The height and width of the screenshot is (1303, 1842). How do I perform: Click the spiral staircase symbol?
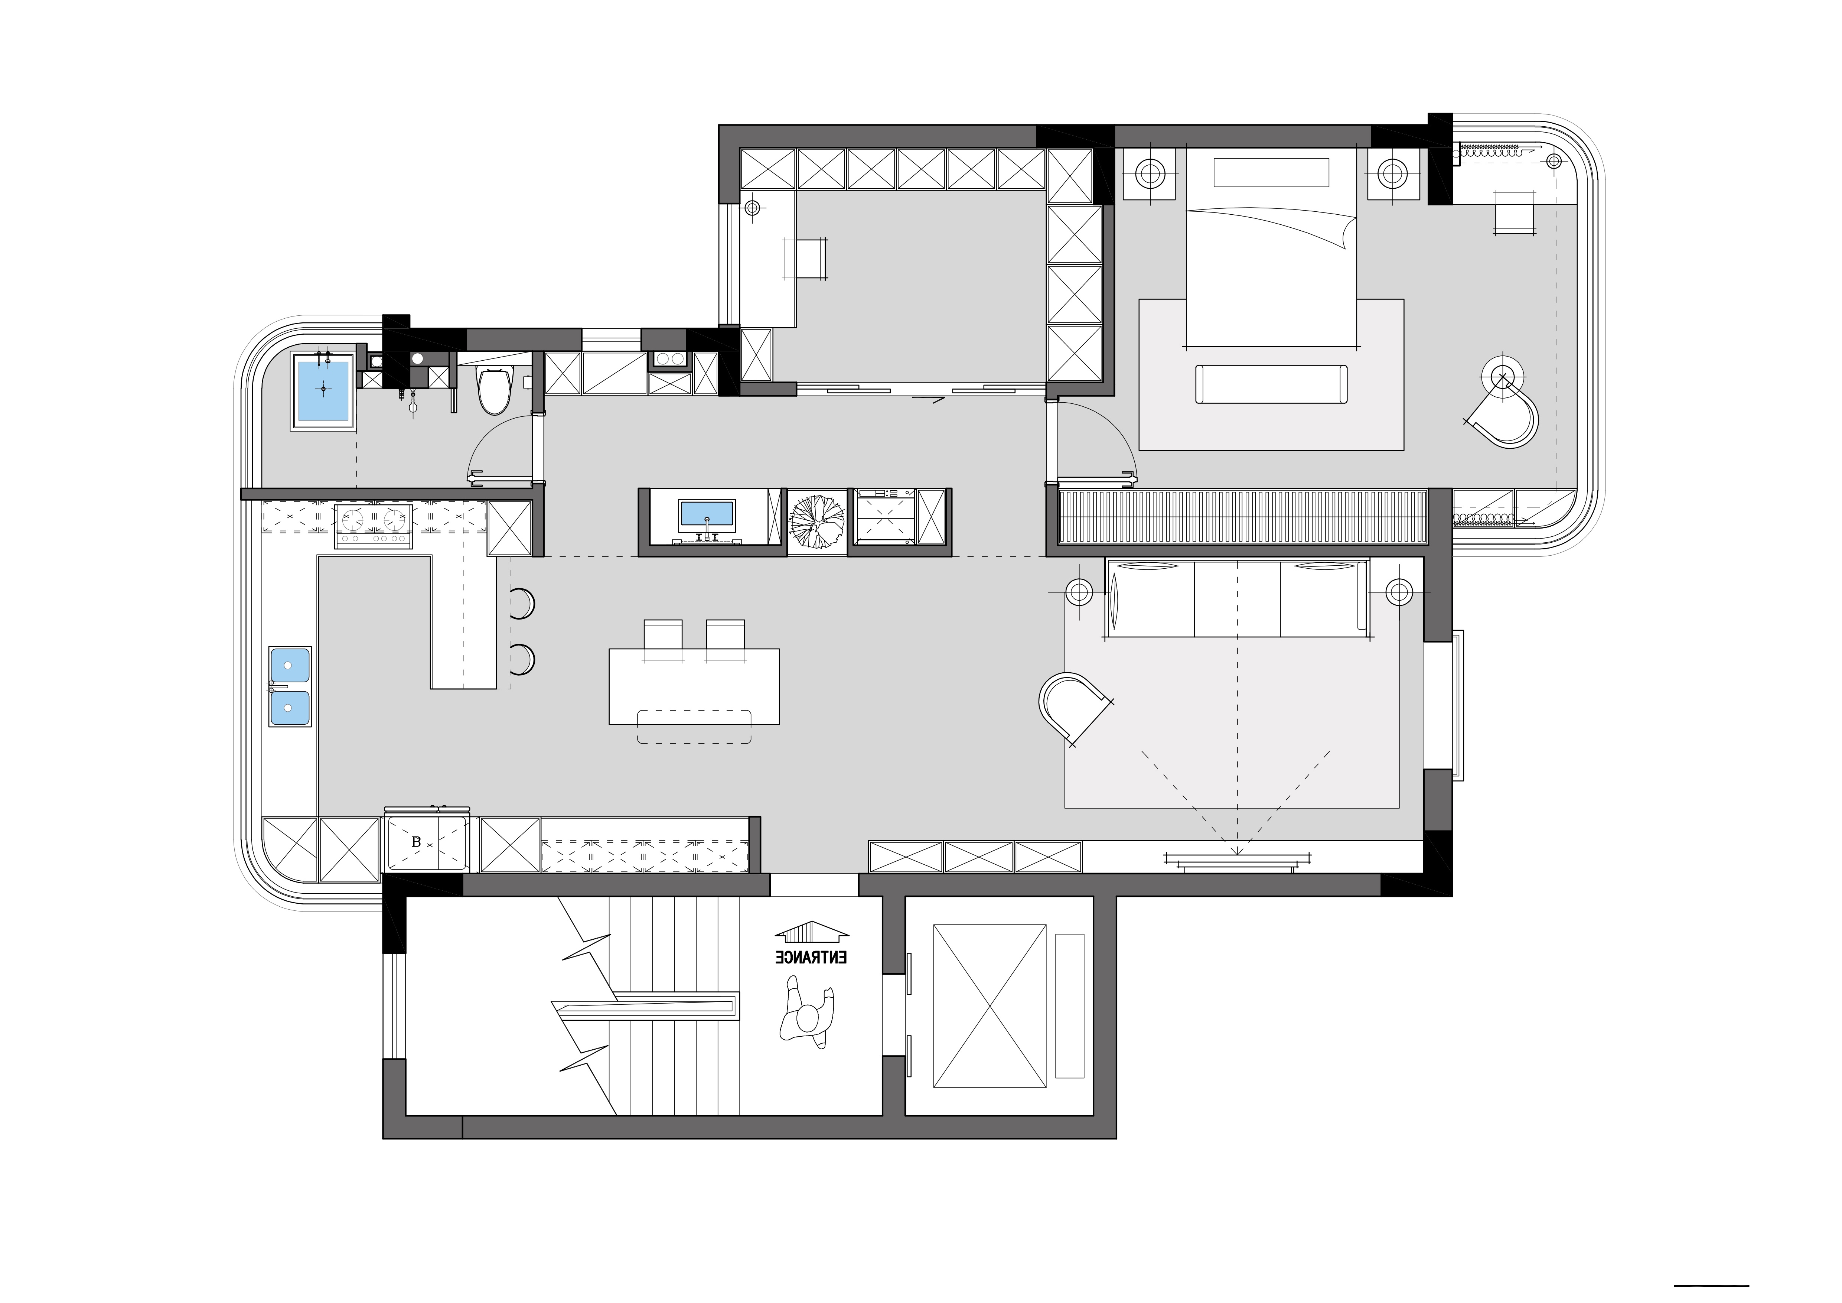(816, 521)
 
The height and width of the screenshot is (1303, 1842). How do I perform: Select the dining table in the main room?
(694, 686)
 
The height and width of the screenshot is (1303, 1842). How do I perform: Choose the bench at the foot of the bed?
(1272, 384)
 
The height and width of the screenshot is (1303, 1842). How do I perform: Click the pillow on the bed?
(1272, 172)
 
